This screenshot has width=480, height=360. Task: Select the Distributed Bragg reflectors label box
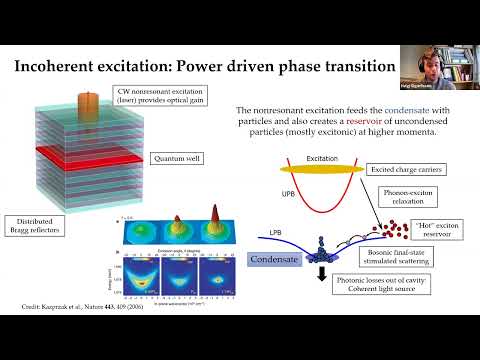point(37,227)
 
